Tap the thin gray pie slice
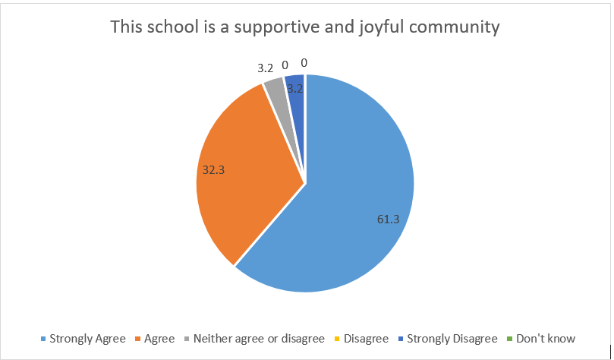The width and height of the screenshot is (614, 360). (275, 90)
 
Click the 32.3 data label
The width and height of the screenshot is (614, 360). (213, 170)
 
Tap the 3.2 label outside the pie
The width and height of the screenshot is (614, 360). (266, 67)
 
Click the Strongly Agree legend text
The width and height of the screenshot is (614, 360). (87, 339)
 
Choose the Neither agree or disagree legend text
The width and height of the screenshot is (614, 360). (260, 339)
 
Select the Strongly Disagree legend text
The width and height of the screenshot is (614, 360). (452, 339)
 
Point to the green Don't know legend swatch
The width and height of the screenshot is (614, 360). (510, 339)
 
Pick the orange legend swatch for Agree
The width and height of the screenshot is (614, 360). (137, 339)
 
